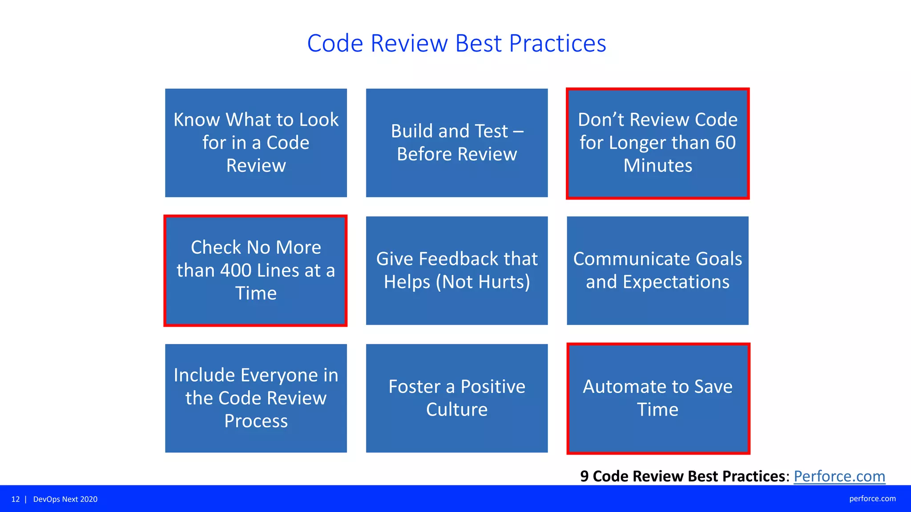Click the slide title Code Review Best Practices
[x=456, y=44]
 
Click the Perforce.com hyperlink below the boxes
[x=839, y=476]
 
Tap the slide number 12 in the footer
[x=16, y=499]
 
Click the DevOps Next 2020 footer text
[x=65, y=499]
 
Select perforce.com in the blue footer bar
[x=872, y=499]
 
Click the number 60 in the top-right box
[x=725, y=143]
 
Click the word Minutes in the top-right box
[x=657, y=166]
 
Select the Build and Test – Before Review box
[x=457, y=143]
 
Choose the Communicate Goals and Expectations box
[x=657, y=270]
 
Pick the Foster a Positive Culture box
[x=457, y=398]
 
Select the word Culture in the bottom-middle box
[x=457, y=409]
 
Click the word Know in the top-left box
[x=196, y=120]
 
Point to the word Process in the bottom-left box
[x=256, y=421]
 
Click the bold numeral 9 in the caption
[x=584, y=476]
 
